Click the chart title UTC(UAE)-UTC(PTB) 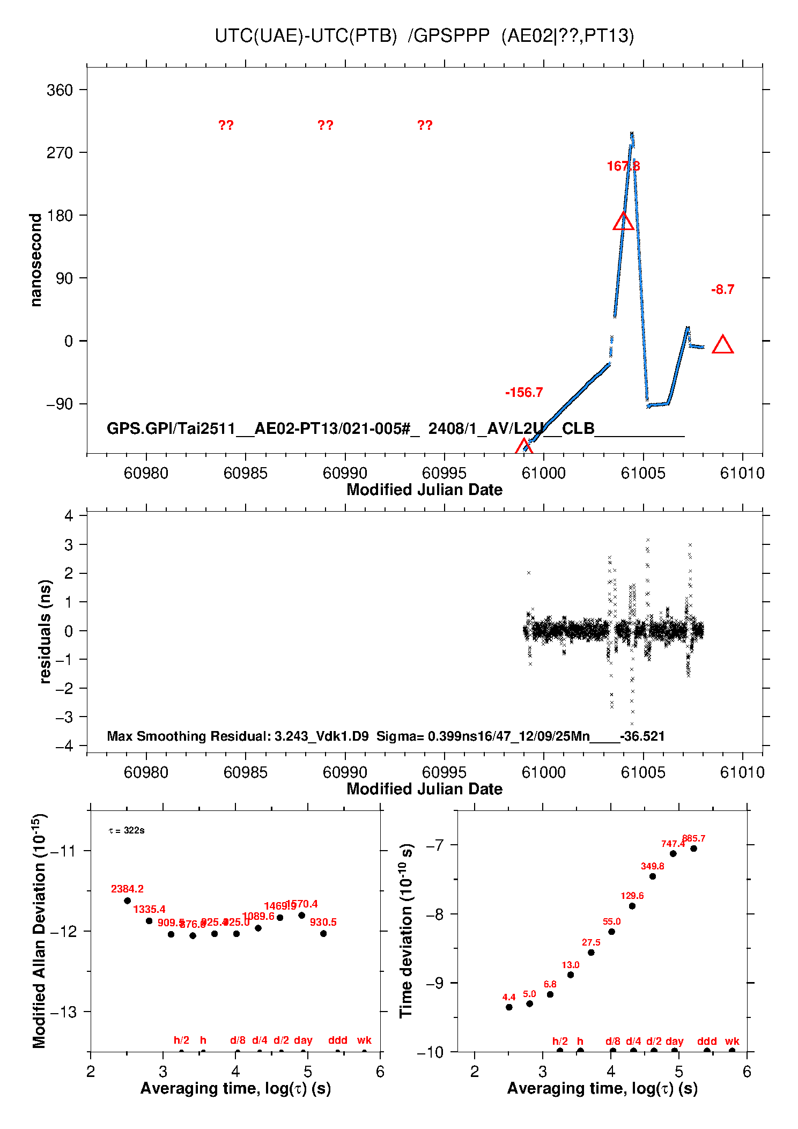[306, 36]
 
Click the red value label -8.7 [722, 290]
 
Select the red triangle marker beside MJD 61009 [722, 345]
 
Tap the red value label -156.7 [523, 393]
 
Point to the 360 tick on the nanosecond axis [60, 90]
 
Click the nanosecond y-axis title [36, 260]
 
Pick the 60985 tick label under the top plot [245, 473]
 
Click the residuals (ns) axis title [46, 632]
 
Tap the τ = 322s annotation [127, 830]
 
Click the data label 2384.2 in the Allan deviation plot [127, 889]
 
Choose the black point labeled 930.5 [323, 933]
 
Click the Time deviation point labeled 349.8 [653, 876]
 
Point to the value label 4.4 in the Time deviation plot [508, 997]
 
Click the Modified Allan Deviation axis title [39, 931]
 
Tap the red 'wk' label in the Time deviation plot [732, 1041]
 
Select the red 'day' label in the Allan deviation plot [303, 1040]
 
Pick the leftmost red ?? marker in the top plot [226, 126]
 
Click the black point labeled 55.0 [611, 932]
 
